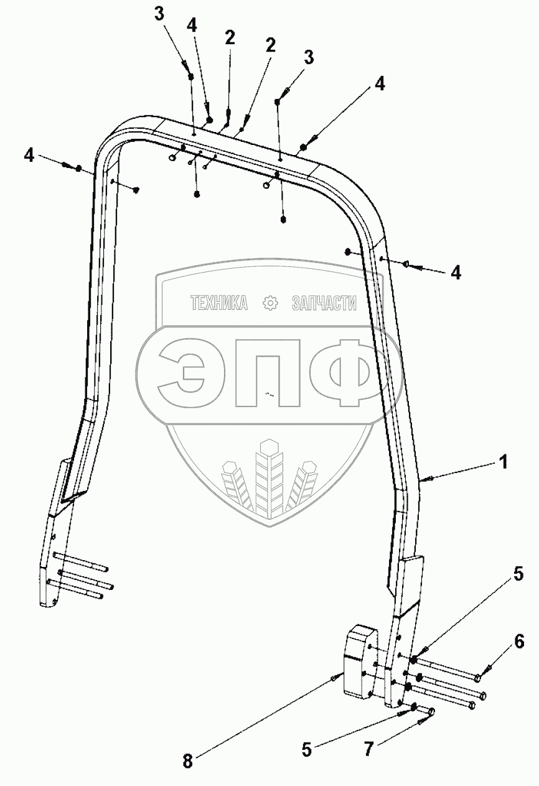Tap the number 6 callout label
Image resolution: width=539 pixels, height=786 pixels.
click(x=520, y=642)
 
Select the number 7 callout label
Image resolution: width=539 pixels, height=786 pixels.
click(x=369, y=749)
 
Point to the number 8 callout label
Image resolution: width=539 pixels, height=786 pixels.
click(x=187, y=760)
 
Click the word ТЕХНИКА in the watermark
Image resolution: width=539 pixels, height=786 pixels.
click(x=219, y=303)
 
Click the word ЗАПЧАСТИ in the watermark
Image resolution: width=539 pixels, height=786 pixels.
click(x=324, y=303)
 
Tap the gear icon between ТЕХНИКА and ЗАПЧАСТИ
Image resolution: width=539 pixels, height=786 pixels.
click(x=270, y=303)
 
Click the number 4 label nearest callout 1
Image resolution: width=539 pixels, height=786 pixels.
click(x=456, y=273)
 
